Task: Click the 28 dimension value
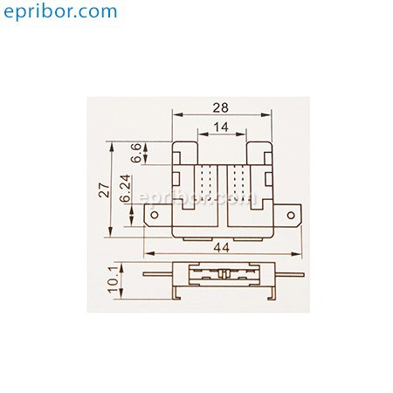220,108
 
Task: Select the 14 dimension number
221,128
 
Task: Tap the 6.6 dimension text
136,153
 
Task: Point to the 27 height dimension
104,190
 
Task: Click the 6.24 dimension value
126,189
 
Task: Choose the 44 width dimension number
222,248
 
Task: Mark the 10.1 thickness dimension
113,279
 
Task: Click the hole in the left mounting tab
155,215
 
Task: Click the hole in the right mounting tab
291,215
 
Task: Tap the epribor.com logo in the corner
60,11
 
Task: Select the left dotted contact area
205,183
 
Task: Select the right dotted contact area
238,183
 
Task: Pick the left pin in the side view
158,274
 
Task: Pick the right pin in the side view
290,274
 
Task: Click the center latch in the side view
224,274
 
